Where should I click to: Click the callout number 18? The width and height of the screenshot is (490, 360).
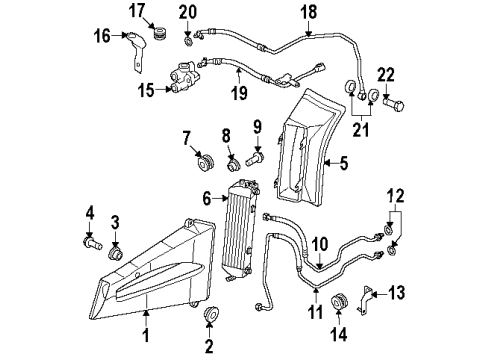tap(308, 12)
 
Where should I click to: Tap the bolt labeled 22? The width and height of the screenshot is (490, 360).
tap(394, 104)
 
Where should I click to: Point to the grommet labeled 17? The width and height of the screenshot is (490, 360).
tap(161, 33)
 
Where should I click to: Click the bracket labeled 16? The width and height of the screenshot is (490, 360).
tap(137, 52)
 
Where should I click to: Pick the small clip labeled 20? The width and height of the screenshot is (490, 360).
tap(189, 42)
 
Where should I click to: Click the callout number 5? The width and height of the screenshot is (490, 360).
tap(343, 163)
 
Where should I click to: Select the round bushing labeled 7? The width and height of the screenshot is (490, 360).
tap(205, 161)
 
